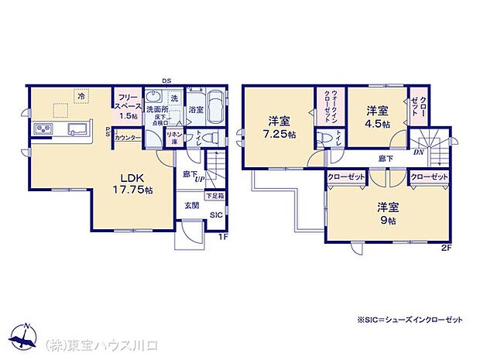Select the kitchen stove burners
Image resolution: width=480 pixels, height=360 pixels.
pyautogui.click(x=42, y=129)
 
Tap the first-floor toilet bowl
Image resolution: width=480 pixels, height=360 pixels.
pyautogui.click(x=201, y=138)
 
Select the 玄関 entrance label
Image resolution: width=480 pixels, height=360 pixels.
pyautogui.click(x=191, y=205)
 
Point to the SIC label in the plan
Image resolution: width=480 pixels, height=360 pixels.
pyautogui.click(x=215, y=216)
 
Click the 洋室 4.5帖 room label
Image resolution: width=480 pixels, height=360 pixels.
pyautogui.click(x=378, y=116)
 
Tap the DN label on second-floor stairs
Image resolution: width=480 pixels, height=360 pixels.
pyautogui.click(x=418, y=153)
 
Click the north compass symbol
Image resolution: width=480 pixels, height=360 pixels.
pyautogui.click(x=26, y=333)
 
